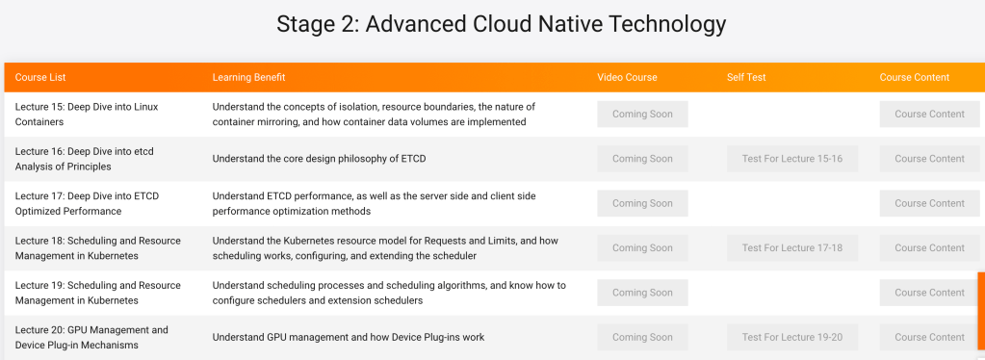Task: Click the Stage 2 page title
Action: coord(502,24)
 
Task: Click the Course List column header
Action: coord(40,77)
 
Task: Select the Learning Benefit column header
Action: coord(248,77)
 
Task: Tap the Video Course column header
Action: coord(627,77)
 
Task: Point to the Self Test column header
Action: coord(746,77)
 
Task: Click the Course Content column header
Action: coord(915,77)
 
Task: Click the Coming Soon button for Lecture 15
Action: coord(642,115)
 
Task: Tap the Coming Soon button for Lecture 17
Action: coord(642,203)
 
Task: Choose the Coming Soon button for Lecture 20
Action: coord(642,338)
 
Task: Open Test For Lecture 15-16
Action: coord(792,159)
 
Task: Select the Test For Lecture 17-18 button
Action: coord(792,248)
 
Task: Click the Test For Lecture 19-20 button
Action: coord(792,338)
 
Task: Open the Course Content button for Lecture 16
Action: coord(930,159)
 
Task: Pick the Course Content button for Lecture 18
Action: coord(930,248)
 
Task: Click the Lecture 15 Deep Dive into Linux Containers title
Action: coord(87,115)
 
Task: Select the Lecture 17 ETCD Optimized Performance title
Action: coord(88,203)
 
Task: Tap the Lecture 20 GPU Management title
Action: coord(91,338)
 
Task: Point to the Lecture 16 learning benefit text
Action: coord(319,159)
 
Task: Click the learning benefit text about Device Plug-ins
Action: coord(349,338)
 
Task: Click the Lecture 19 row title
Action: coord(98,293)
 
